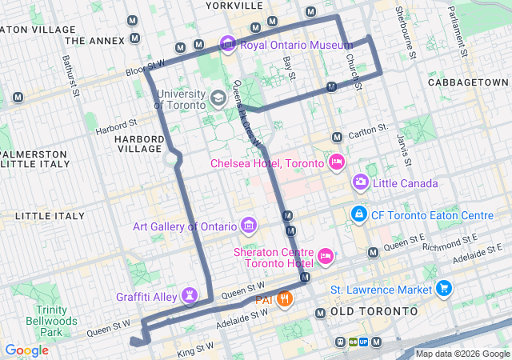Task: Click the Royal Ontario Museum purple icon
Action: click(x=228, y=44)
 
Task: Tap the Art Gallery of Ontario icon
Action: click(x=249, y=226)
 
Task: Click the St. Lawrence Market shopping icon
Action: click(x=444, y=289)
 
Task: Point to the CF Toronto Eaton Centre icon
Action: click(x=358, y=215)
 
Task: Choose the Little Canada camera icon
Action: click(x=361, y=183)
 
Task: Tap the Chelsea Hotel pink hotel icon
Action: click(x=337, y=163)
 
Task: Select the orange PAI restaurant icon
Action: click(x=286, y=300)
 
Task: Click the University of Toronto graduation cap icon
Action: click(x=218, y=98)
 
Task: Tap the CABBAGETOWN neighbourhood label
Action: click(x=468, y=82)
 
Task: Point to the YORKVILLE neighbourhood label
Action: click(x=234, y=6)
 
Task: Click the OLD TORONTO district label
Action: click(x=374, y=310)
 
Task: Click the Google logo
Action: click(x=26, y=350)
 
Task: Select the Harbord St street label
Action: click(x=117, y=126)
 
